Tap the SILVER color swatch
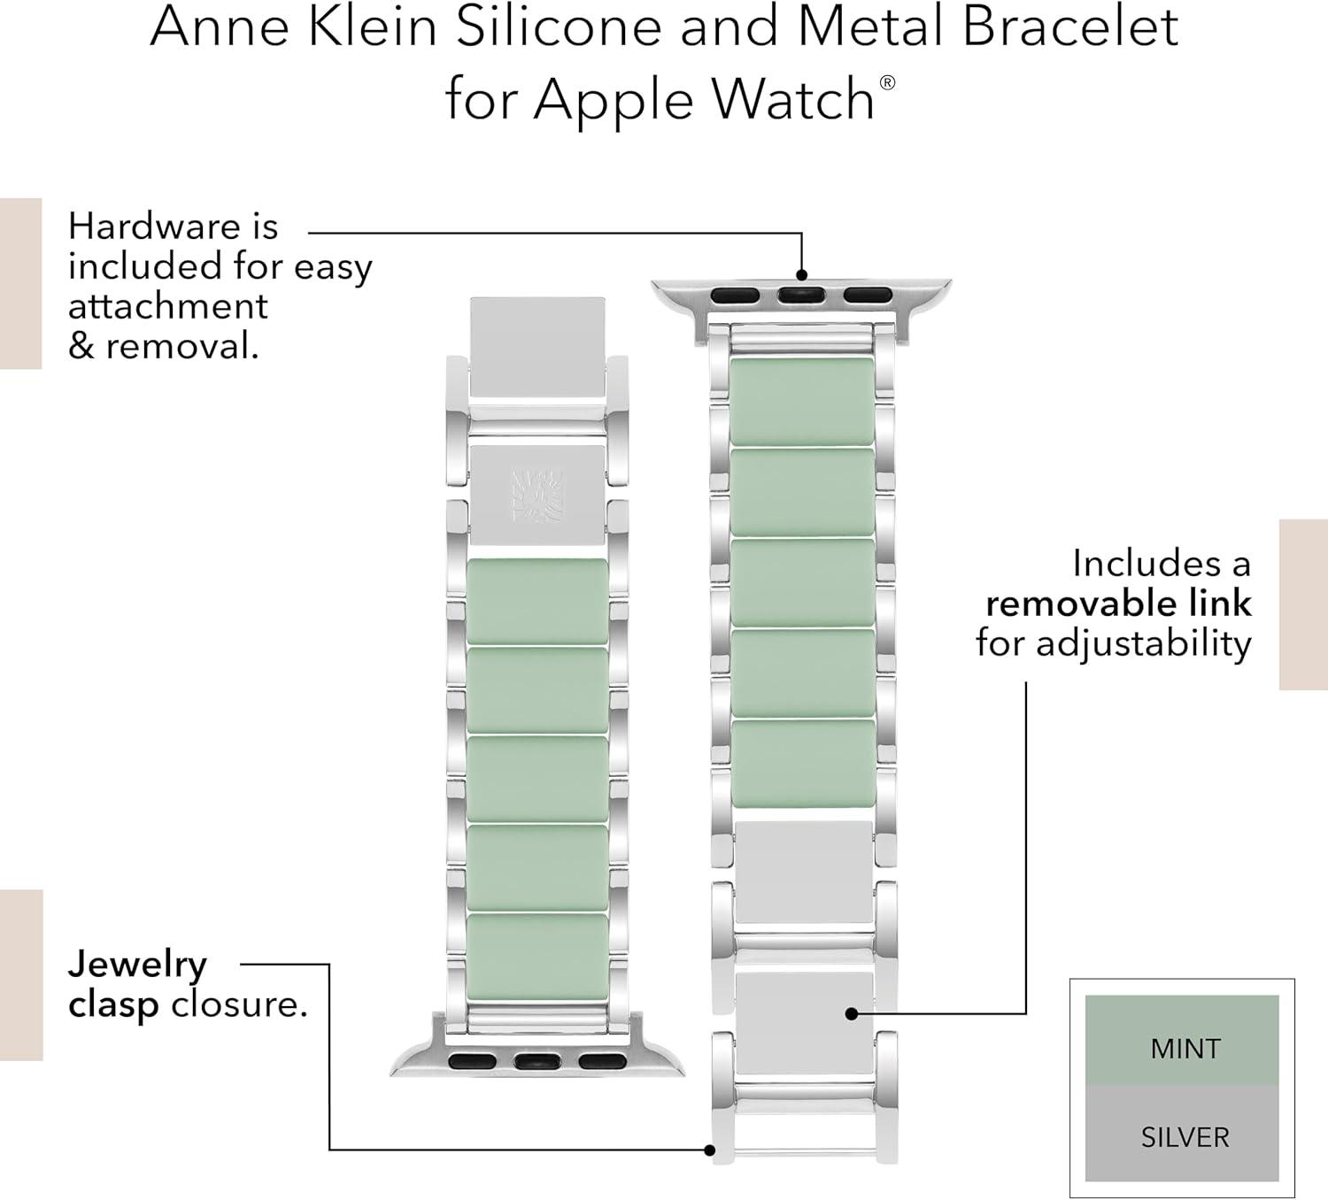tap(1182, 1135)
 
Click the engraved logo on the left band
tap(537, 495)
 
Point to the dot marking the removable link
tap(852, 1013)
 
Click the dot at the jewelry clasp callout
tap(709, 1150)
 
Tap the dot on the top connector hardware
tap(801, 274)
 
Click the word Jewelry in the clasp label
tap(137, 965)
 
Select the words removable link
tap(1118, 604)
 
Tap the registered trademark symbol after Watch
tap(887, 83)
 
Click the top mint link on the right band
tap(801, 401)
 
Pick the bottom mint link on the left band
tap(537, 957)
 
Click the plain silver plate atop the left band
tap(537, 347)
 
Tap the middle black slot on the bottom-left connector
tap(537, 1061)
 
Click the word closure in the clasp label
tap(238, 1004)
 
